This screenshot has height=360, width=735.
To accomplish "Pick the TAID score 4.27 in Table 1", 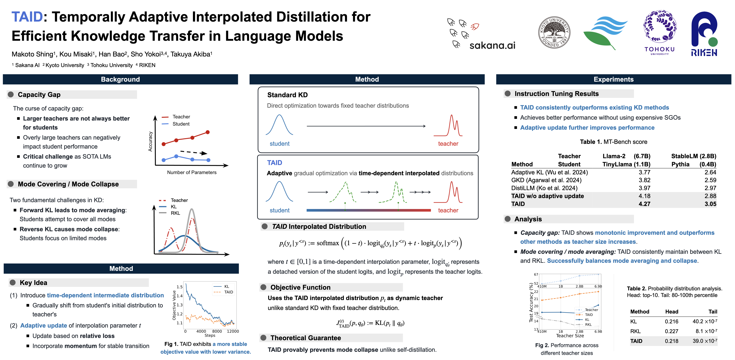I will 644,204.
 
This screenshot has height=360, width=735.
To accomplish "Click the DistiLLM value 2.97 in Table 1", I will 710,188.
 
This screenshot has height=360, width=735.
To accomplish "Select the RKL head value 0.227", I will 671,331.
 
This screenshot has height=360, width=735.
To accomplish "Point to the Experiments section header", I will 613,79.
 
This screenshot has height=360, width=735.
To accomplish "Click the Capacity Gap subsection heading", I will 39,95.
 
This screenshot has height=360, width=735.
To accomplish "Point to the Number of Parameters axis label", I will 192,172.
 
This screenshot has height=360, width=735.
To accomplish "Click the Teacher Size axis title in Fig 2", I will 570,336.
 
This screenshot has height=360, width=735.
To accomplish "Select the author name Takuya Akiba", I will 191,54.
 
